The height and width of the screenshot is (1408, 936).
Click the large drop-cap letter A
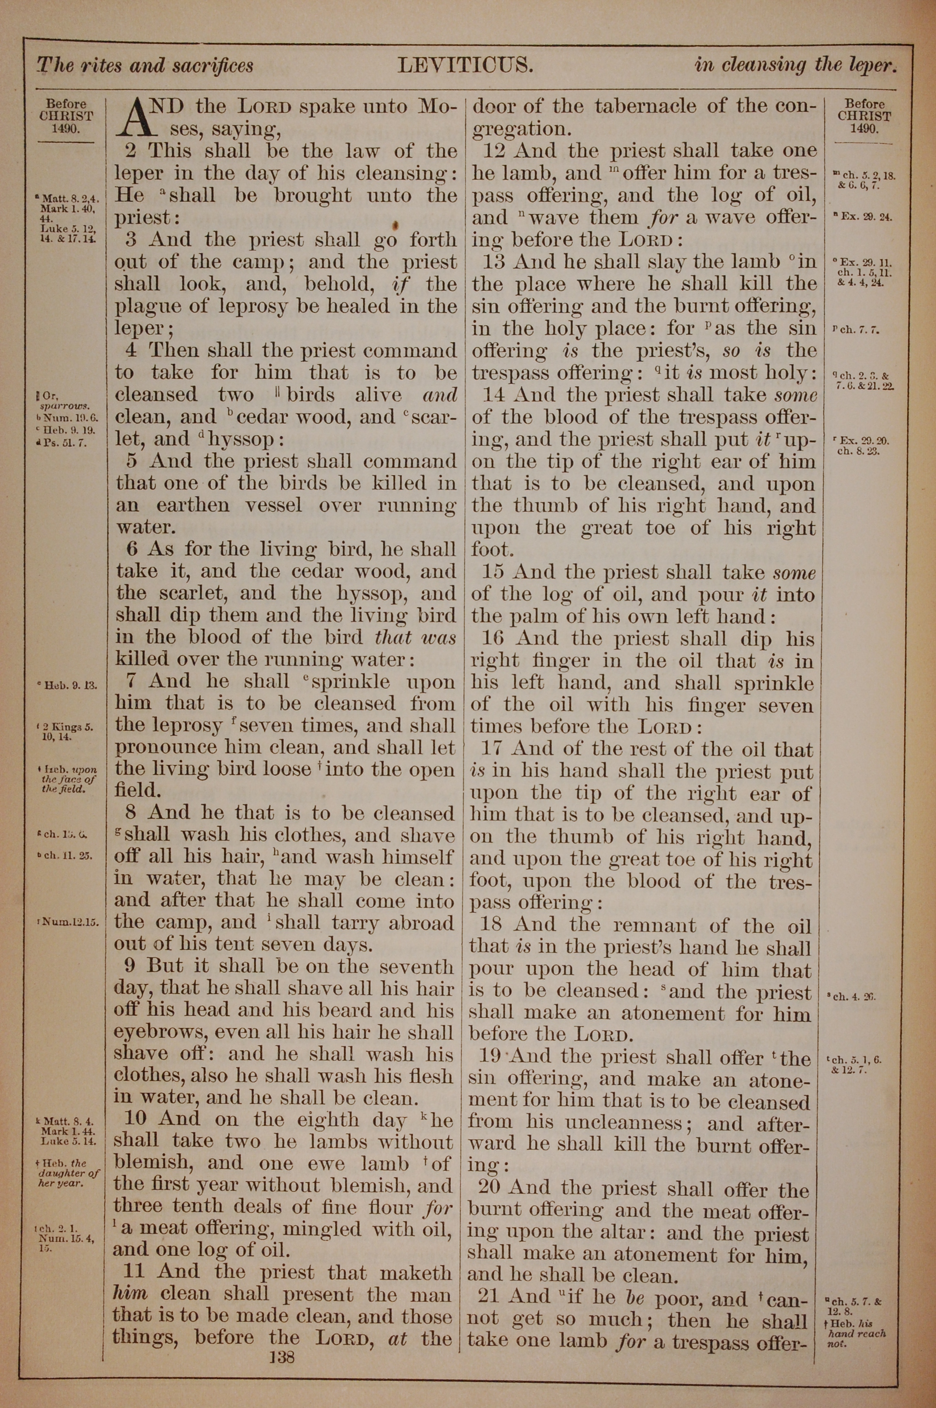click(134, 117)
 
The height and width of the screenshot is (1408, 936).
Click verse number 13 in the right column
click(494, 262)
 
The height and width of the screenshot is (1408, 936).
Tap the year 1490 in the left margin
click(66, 128)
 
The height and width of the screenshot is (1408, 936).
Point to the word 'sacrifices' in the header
click(212, 65)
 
